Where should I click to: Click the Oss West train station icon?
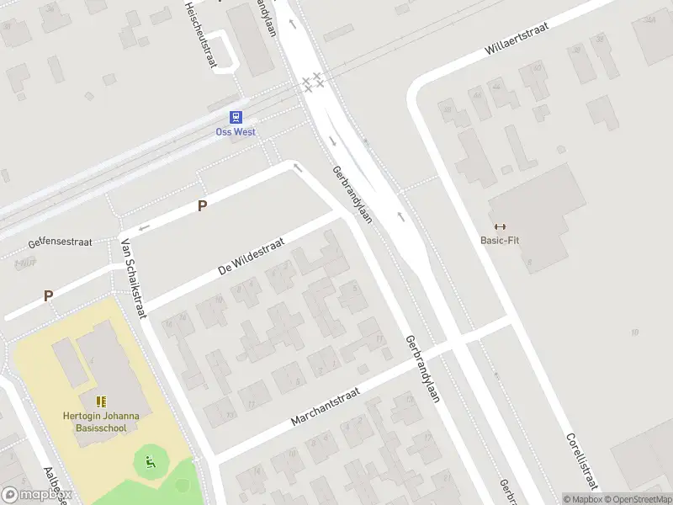[x=236, y=119]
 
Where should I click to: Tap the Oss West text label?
[x=236, y=132]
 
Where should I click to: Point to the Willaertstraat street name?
[x=516, y=39]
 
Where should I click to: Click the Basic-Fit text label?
[x=500, y=239]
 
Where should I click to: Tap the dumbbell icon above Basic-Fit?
[x=500, y=226]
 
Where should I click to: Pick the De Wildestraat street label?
[x=252, y=257]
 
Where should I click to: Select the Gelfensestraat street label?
[x=59, y=242]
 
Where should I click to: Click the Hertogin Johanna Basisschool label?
[x=101, y=420]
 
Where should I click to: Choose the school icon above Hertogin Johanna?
[x=101, y=401]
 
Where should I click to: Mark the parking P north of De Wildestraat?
[x=202, y=205]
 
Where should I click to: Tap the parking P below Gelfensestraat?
[x=48, y=295]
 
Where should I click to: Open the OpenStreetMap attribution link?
[x=637, y=499]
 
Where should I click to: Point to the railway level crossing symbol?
[x=313, y=82]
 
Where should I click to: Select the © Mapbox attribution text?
[x=581, y=499]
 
